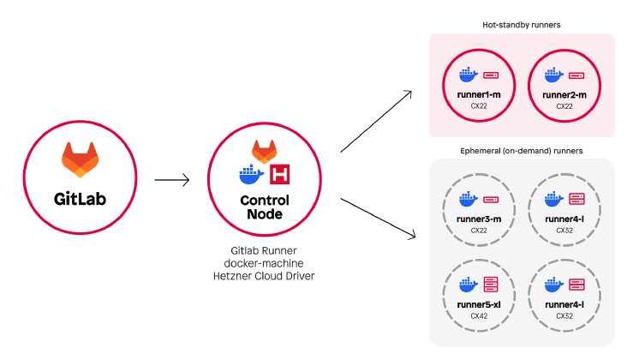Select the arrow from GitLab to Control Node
172,182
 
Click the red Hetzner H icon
278,176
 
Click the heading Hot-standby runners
521,25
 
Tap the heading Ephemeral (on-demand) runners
521,150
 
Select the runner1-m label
478,93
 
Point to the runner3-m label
478,220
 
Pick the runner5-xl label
478,304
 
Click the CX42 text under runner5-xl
478,315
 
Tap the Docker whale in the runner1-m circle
467,76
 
